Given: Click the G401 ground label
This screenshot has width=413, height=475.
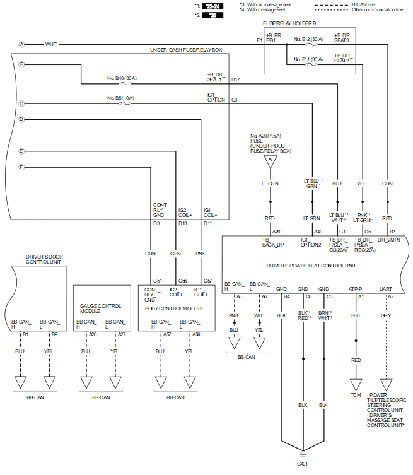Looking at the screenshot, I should [x=304, y=464].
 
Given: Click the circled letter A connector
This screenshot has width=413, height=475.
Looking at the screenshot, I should [x=21, y=45].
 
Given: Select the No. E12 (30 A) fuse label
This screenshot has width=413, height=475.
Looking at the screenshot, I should [x=308, y=39].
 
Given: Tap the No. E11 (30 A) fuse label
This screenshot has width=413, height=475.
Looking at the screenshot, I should [x=308, y=59].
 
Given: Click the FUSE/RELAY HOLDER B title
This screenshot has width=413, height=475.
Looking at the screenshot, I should [x=290, y=23].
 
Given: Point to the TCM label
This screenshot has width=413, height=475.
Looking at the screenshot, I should [x=356, y=394].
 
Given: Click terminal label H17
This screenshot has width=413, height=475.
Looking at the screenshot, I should [x=235, y=80].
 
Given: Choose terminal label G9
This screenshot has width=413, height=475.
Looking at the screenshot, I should [x=235, y=100].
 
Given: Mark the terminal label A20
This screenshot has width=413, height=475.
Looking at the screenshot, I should [x=265, y=232].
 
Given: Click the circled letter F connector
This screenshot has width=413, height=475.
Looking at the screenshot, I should [x=21, y=167].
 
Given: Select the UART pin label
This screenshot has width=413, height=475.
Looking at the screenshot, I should [x=386, y=289].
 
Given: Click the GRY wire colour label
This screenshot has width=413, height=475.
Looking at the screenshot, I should [x=386, y=315].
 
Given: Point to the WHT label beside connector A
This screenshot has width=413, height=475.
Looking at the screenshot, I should [x=51, y=45].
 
